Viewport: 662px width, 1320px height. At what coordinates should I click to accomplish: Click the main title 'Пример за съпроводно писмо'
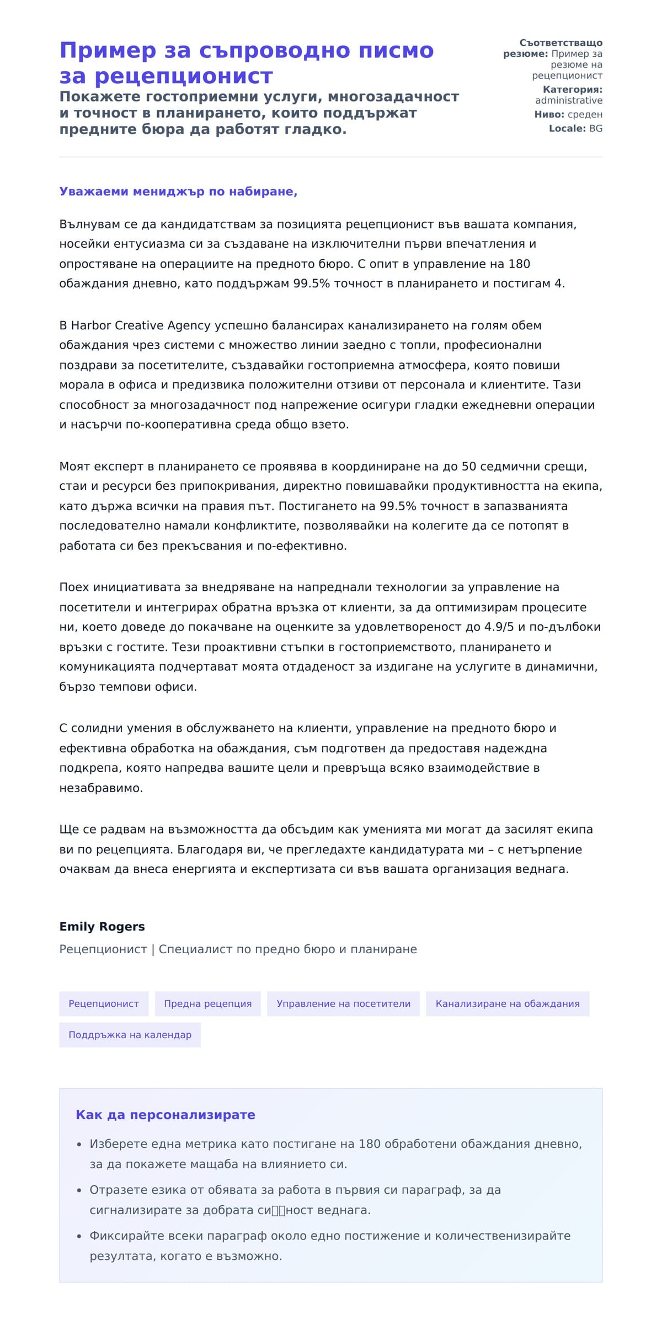(x=246, y=50)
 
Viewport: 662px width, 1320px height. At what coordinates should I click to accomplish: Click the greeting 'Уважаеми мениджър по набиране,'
(x=178, y=191)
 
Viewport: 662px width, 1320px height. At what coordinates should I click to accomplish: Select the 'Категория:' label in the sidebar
(x=572, y=89)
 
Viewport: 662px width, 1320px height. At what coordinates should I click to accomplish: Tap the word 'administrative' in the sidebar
(x=568, y=100)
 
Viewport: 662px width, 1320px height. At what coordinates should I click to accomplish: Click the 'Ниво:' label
(x=549, y=115)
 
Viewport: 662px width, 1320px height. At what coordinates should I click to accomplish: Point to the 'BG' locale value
(x=596, y=129)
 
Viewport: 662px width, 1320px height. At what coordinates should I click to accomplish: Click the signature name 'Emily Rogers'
(x=102, y=927)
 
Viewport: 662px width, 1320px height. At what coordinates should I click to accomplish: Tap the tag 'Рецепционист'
(x=104, y=1004)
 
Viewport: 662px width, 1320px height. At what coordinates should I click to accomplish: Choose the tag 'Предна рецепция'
(x=208, y=1004)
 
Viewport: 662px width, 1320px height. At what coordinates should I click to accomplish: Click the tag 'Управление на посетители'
(x=343, y=1004)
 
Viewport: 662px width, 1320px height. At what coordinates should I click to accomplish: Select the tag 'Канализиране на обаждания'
(x=508, y=1004)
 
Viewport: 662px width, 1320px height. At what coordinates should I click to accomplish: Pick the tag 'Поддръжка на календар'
(x=130, y=1035)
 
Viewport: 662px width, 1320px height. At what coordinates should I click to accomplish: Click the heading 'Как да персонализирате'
(x=165, y=1115)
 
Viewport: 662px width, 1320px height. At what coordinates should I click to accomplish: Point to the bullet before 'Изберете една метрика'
(x=79, y=1145)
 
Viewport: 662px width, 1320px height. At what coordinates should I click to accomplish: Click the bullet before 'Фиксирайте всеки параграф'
(x=79, y=1237)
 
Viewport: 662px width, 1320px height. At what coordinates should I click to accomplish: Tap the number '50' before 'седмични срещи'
(x=468, y=467)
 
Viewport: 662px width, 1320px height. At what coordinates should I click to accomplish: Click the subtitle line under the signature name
(x=238, y=949)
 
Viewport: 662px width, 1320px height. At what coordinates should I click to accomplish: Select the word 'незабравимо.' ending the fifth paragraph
(x=101, y=788)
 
